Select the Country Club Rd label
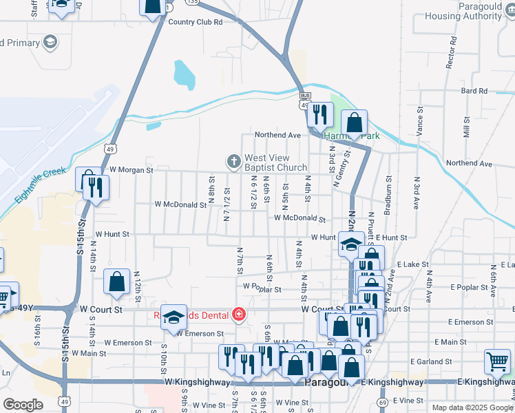click(196, 22)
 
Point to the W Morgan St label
click(129, 169)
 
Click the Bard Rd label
click(474, 91)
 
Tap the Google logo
click(23, 405)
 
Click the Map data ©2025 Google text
click(472, 407)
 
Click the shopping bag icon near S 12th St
click(117, 282)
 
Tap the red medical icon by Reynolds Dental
click(238, 315)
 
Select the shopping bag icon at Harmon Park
click(354, 123)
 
